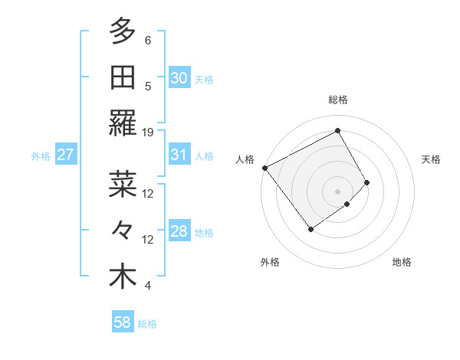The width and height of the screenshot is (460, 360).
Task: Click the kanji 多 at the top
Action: click(123, 32)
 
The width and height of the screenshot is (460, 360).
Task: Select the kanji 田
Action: click(123, 77)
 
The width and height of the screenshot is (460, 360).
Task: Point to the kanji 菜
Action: click(123, 185)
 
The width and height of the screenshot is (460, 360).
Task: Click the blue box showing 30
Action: click(179, 78)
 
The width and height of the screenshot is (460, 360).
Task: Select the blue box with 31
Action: click(179, 155)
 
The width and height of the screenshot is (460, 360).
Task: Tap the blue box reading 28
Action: click(179, 231)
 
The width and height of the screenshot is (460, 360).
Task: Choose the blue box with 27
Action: click(66, 155)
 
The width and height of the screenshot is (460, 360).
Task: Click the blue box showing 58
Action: click(123, 322)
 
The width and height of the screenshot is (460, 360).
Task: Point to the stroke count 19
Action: click(148, 133)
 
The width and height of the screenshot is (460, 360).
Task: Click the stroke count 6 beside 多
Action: click(148, 41)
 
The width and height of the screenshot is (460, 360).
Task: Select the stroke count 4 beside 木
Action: click(148, 286)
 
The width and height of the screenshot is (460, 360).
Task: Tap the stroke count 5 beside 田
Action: click(148, 87)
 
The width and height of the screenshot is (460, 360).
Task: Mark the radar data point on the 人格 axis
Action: click(264, 168)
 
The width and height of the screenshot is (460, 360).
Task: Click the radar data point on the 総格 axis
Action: click(337, 131)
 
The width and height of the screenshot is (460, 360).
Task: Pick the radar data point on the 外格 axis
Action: click(311, 228)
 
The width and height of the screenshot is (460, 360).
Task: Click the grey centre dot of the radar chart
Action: click(337, 190)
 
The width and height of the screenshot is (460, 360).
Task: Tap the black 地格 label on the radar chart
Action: click(402, 262)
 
